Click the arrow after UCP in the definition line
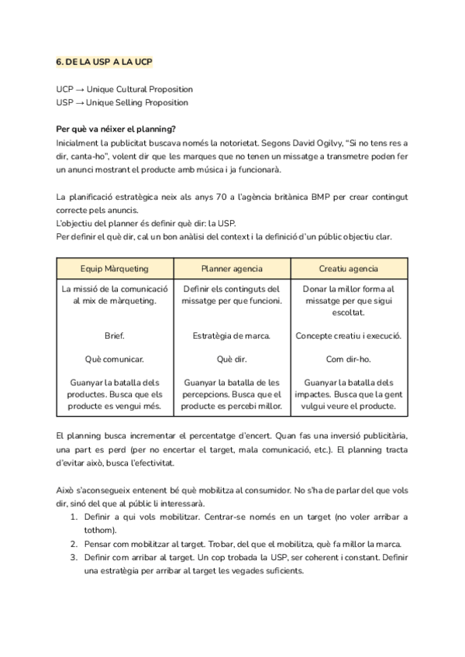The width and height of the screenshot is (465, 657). point(80,90)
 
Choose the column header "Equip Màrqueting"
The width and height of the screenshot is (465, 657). point(115,269)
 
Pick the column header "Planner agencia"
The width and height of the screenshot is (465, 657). point(232,269)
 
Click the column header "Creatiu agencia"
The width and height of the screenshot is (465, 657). point(349,269)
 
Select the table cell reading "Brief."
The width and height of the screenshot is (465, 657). point(115,336)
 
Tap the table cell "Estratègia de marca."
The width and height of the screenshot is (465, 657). point(232,336)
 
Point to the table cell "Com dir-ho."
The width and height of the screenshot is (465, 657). point(349,359)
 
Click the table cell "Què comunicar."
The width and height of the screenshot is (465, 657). point(115,359)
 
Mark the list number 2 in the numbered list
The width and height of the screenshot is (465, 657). point(74,544)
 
